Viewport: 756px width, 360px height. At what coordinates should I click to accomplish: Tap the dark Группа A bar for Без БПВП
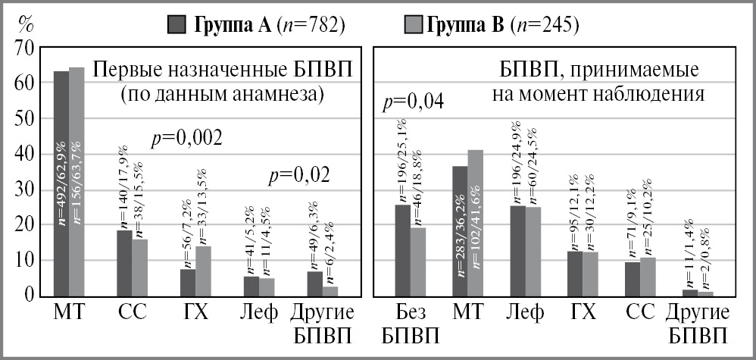[x=403, y=249]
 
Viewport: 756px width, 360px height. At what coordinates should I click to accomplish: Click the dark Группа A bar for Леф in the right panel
[x=517, y=250]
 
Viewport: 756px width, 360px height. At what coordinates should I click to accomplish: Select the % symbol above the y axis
[x=26, y=23]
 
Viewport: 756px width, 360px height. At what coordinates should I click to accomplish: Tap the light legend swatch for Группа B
[x=412, y=25]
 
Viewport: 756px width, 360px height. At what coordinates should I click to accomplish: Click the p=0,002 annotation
[x=186, y=138]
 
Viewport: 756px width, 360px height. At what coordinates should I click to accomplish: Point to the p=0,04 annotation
[x=414, y=101]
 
